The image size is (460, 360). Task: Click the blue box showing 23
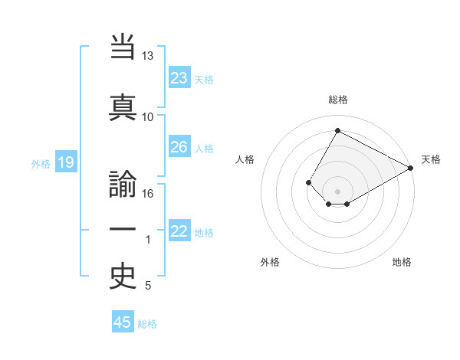[179, 78]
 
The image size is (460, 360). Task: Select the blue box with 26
[179, 147]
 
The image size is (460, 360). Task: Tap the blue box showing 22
[179, 231]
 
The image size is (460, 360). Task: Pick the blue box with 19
[65, 162]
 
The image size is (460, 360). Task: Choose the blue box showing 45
[123, 322]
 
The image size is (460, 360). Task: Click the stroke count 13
[147, 57]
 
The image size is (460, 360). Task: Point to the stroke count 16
[147, 194]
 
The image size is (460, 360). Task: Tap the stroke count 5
[147, 286]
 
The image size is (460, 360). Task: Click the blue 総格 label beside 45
[147, 324]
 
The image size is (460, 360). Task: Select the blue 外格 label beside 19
[40, 163]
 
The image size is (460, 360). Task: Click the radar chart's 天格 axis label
[431, 159]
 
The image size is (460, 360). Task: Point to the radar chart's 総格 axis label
[337, 100]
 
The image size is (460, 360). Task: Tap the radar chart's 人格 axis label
[245, 159]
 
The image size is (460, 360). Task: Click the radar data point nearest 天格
[410, 169]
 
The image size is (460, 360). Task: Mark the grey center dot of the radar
[337, 191]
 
